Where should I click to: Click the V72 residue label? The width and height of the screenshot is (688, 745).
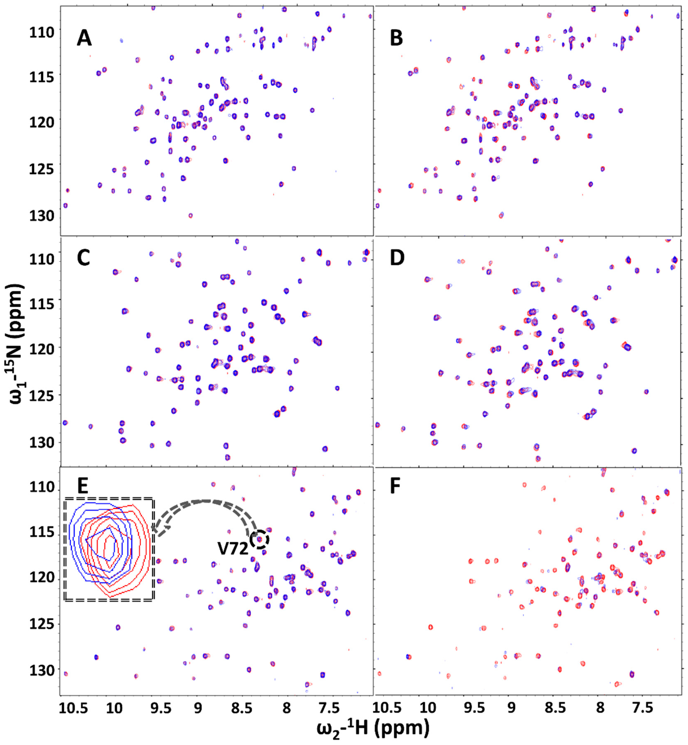click(x=233, y=549)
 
